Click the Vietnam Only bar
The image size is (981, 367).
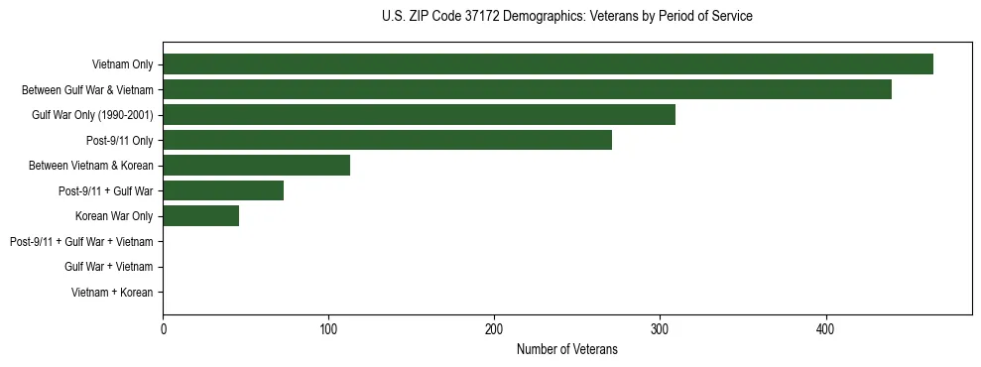(x=548, y=64)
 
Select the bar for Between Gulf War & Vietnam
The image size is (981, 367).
(x=527, y=89)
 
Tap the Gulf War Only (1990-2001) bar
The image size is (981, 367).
(x=419, y=115)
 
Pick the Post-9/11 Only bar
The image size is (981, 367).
(x=387, y=140)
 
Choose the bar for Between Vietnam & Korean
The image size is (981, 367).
(x=256, y=166)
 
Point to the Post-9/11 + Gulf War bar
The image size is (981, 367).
(x=223, y=190)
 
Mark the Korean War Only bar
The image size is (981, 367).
(x=200, y=216)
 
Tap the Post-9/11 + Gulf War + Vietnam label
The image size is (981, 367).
(x=81, y=241)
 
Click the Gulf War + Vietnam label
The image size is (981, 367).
(x=109, y=267)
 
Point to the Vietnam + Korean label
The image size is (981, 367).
(x=112, y=292)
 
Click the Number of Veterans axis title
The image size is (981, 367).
(x=566, y=350)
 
